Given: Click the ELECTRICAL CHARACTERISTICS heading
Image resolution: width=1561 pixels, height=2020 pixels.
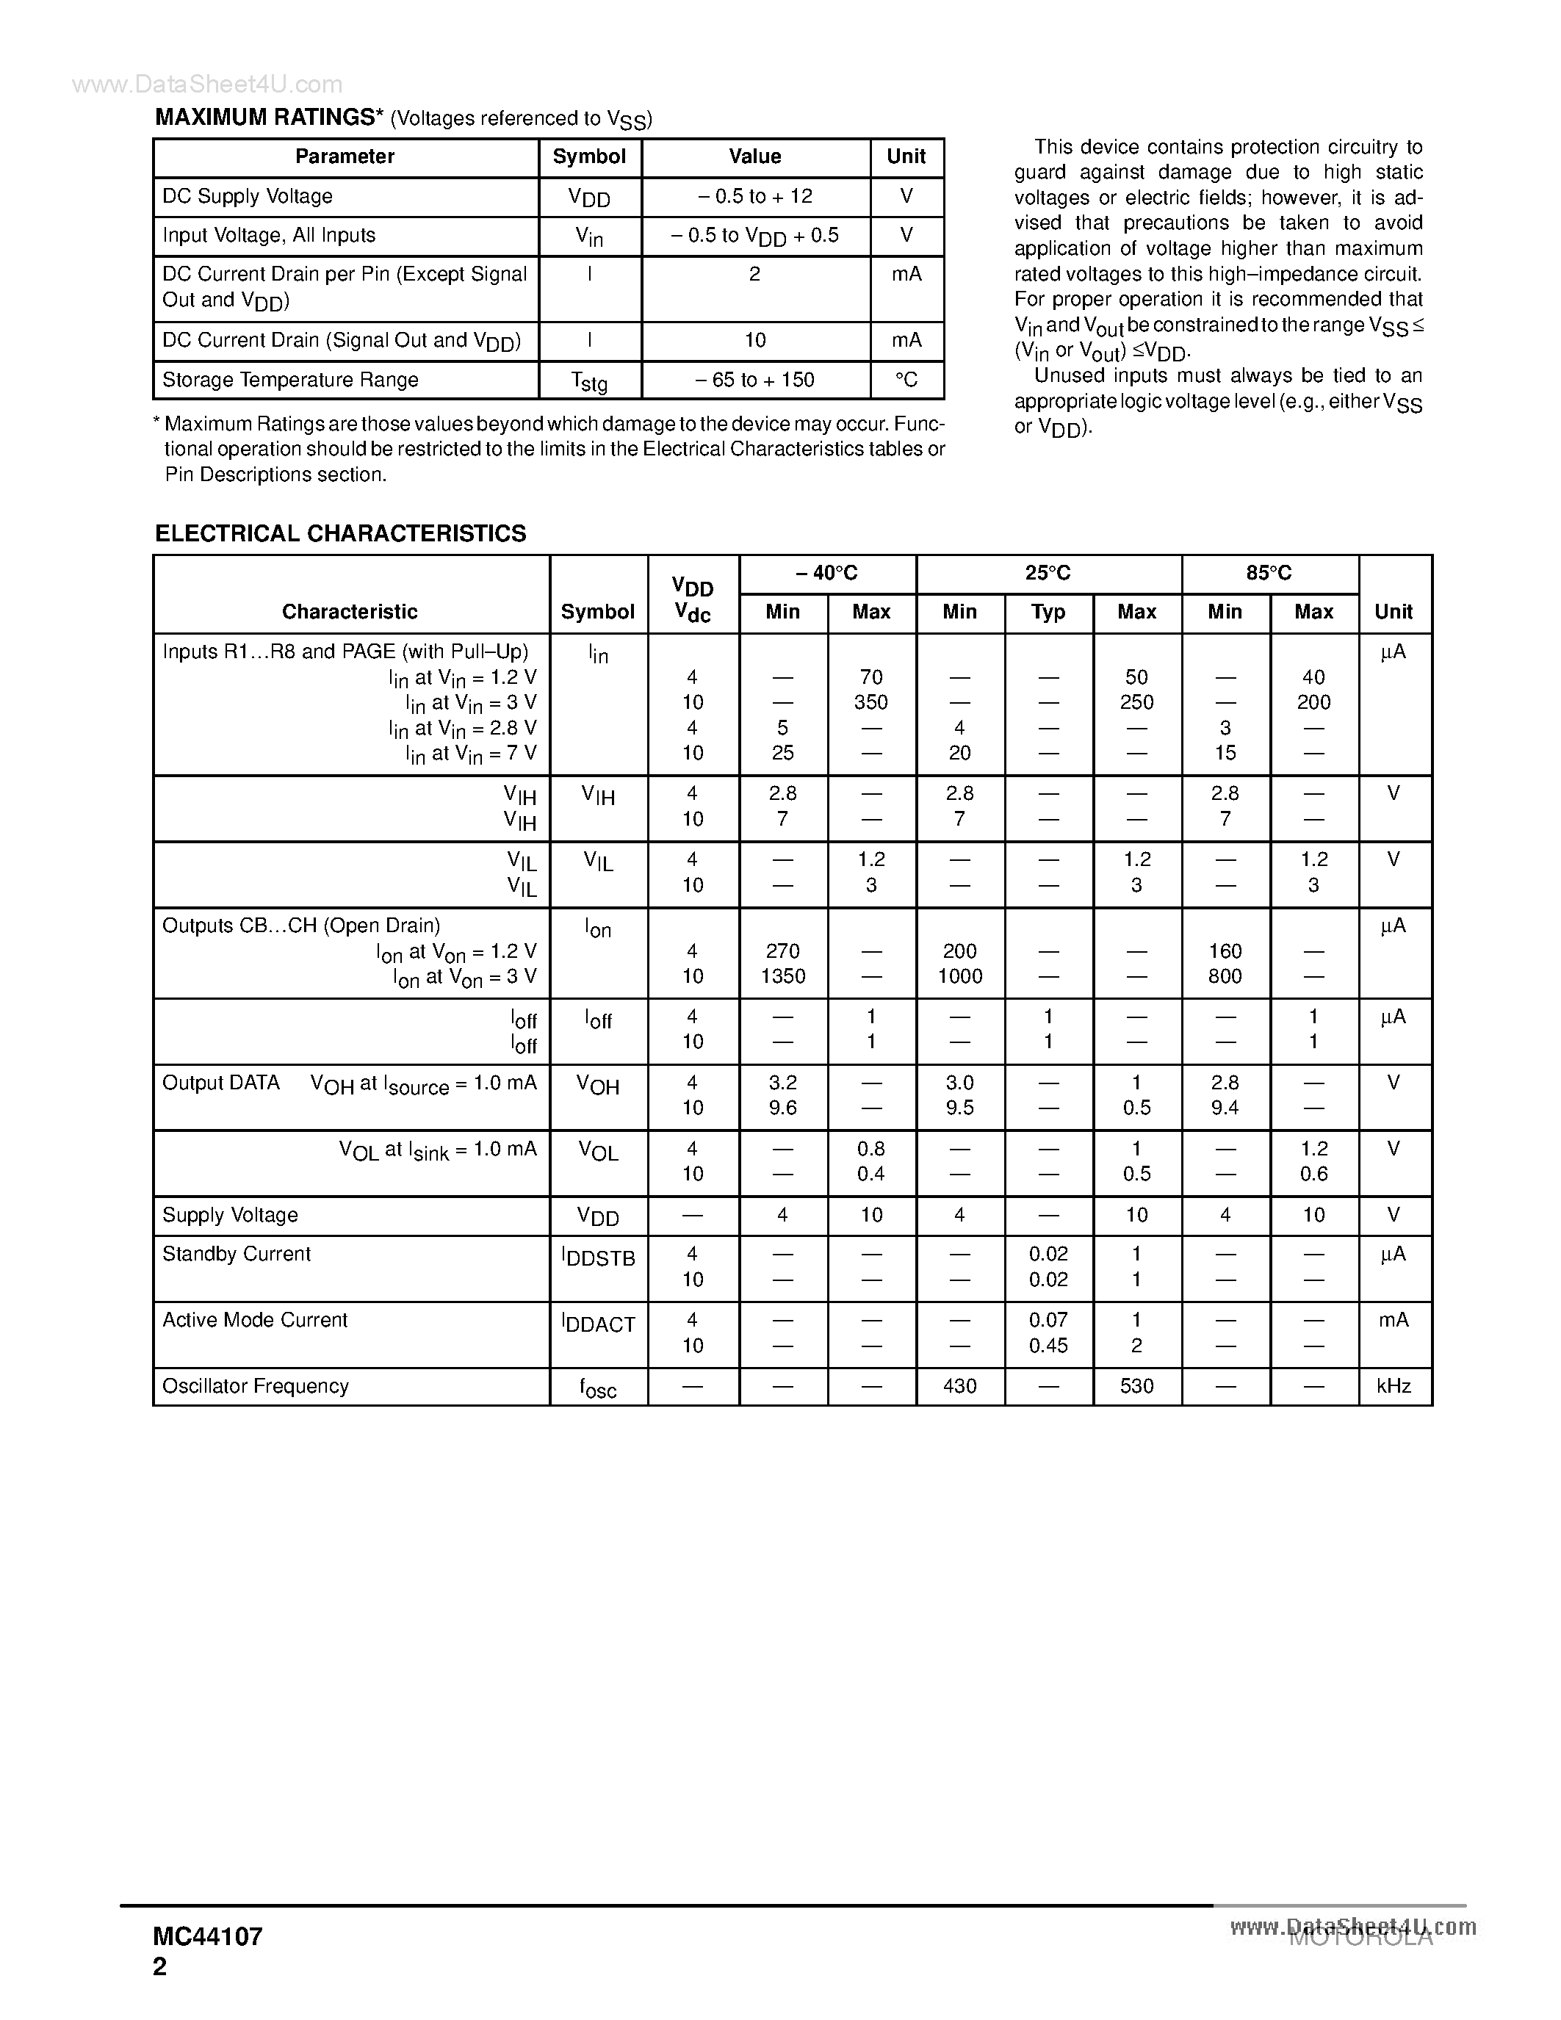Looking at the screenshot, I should (340, 534).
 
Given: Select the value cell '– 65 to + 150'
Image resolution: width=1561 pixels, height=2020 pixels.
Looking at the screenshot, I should (754, 380).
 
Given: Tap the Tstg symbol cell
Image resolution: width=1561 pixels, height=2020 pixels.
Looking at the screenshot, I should (589, 381).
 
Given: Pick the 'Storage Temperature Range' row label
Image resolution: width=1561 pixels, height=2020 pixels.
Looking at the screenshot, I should (290, 380).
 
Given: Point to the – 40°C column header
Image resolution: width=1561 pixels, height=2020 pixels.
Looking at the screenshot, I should (826, 574).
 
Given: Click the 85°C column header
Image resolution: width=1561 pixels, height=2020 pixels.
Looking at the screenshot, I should (1269, 574).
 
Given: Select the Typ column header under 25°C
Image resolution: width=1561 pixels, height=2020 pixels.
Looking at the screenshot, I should (1048, 613).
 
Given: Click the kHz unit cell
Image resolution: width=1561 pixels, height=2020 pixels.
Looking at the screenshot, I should (1393, 1386).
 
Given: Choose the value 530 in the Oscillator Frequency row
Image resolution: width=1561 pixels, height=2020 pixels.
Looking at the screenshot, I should (1136, 1386).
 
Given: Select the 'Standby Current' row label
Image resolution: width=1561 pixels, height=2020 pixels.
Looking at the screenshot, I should (237, 1254).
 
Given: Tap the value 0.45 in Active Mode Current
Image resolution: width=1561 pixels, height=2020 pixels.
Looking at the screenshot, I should (1048, 1346).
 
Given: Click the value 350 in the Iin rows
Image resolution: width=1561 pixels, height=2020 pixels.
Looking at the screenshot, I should (870, 703).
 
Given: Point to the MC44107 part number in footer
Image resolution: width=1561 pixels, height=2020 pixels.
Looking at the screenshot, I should (208, 1938).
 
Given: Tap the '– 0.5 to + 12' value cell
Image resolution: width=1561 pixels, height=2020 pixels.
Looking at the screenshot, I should (754, 197).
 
